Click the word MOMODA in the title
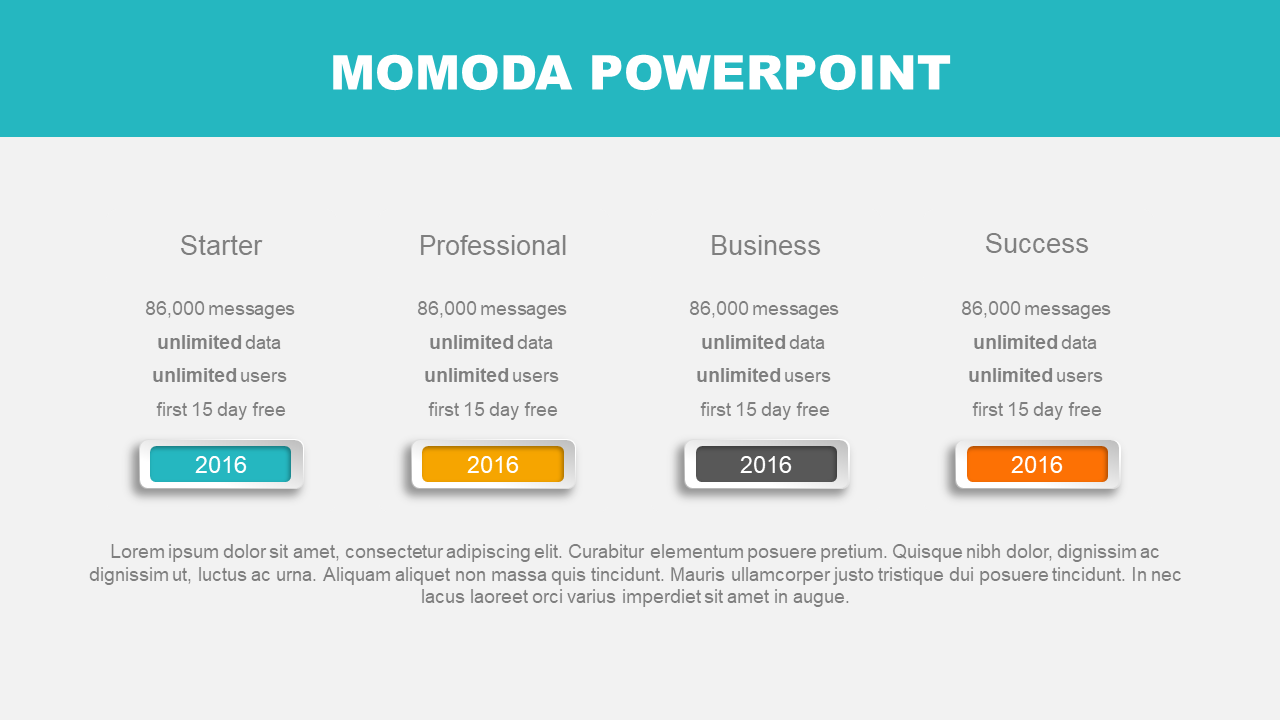point(451,73)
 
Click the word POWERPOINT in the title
point(770,73)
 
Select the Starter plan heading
point(221,246)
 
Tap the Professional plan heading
point(493,246)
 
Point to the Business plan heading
point(765,246)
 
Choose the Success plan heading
point(1037,243)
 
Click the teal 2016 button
point(221,464)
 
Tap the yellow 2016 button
point(493,464)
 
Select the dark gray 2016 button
point(766,464)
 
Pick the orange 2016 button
point(1037,464)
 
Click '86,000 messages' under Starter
point(220,309)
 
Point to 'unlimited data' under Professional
point(491,342)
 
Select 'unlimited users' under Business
point(763,375)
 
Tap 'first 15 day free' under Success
point(1037,409)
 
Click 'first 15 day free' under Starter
point(221,409)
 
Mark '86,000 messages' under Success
point(1035,309)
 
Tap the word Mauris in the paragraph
point(697,574)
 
